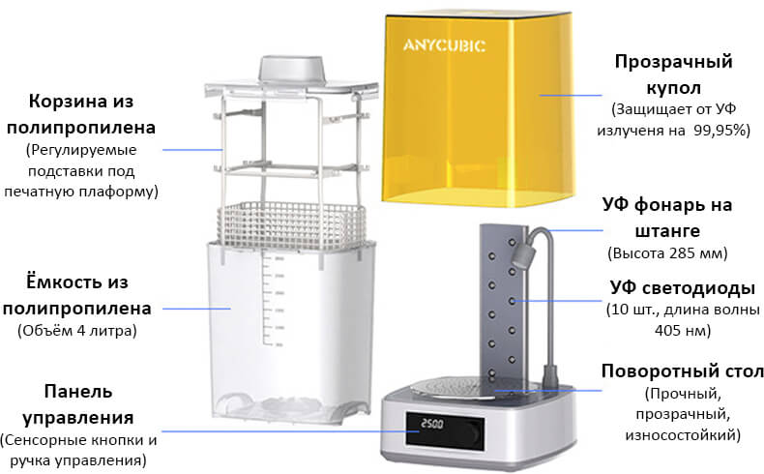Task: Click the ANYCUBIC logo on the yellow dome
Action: pyautogui.click(x=444, y=45)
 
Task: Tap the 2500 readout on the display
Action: pyautogui.click(x=431, y=425)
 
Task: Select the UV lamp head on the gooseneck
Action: pyautogui.click(x=523, y=255)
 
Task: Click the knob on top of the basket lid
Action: pyautogui.click(x=292, y=69)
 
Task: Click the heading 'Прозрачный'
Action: pyautogui.click(x=673, y=62)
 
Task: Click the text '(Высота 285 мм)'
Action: pyautogui.click(x=667, y=253)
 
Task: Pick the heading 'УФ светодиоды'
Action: pyautogui.click(x=682, y=288)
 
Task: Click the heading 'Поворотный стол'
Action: pyautogui.click(x=682, y=371)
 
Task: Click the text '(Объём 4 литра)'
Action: pyautogui.click(x=77, y=331)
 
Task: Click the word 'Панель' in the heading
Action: pyautogui.click(x=78, y=391)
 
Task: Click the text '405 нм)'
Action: pyautogui.click(x=683, y=331)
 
